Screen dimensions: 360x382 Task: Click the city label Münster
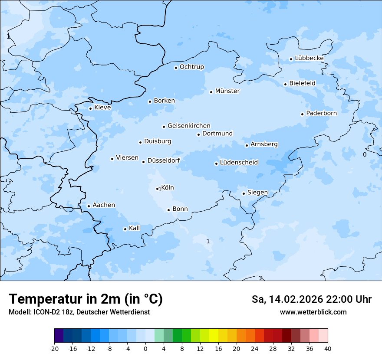pos(227,91)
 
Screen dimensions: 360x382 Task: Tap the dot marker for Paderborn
pos(302,114)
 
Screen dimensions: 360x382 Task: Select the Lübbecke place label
pos(309,58)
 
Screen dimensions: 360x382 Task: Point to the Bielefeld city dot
pos(285,84)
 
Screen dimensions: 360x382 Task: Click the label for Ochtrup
pos(191,67)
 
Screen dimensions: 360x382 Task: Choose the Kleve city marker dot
pos(90,108)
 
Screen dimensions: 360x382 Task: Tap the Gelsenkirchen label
pos(189,126)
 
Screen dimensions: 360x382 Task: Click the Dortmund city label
pos(217,134)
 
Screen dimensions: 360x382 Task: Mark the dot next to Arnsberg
pos(247,145)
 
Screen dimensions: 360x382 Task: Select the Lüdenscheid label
pos(239,163)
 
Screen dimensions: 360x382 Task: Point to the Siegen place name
pos(257,193)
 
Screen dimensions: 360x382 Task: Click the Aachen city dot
pos(89,206)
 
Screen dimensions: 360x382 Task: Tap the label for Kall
pos(134,228)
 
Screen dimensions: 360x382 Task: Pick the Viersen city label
pos(127,158)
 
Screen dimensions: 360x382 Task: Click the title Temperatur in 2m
pos(86,299)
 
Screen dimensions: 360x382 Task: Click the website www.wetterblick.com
pos(313,312)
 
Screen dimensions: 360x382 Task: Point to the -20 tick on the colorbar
pos(54,348)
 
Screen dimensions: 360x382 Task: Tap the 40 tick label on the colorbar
pos(328,348)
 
